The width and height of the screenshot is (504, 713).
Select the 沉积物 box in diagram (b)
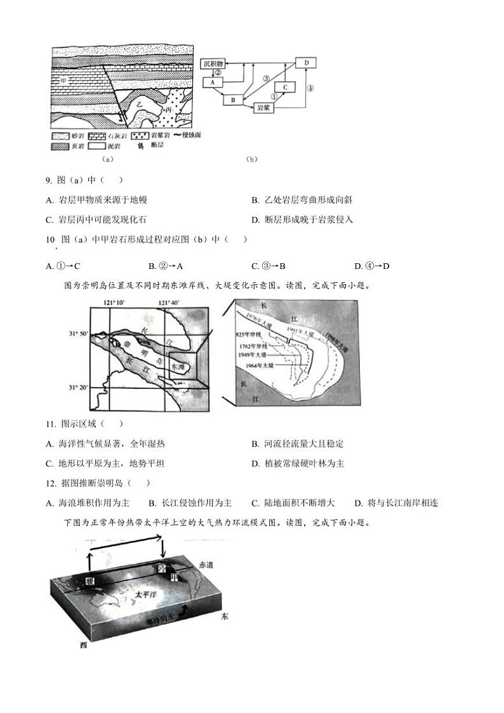click(x=213, y=64)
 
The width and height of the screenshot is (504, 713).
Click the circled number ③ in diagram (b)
click(x=267, y=77)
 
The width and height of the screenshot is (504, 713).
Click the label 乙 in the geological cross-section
click(x=138, y=101)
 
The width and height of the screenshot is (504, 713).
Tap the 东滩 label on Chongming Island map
click(x=179, y=367)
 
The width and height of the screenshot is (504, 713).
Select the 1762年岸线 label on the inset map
click(x=253, y=346)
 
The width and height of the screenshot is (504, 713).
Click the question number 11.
click(x=50, y=424)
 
